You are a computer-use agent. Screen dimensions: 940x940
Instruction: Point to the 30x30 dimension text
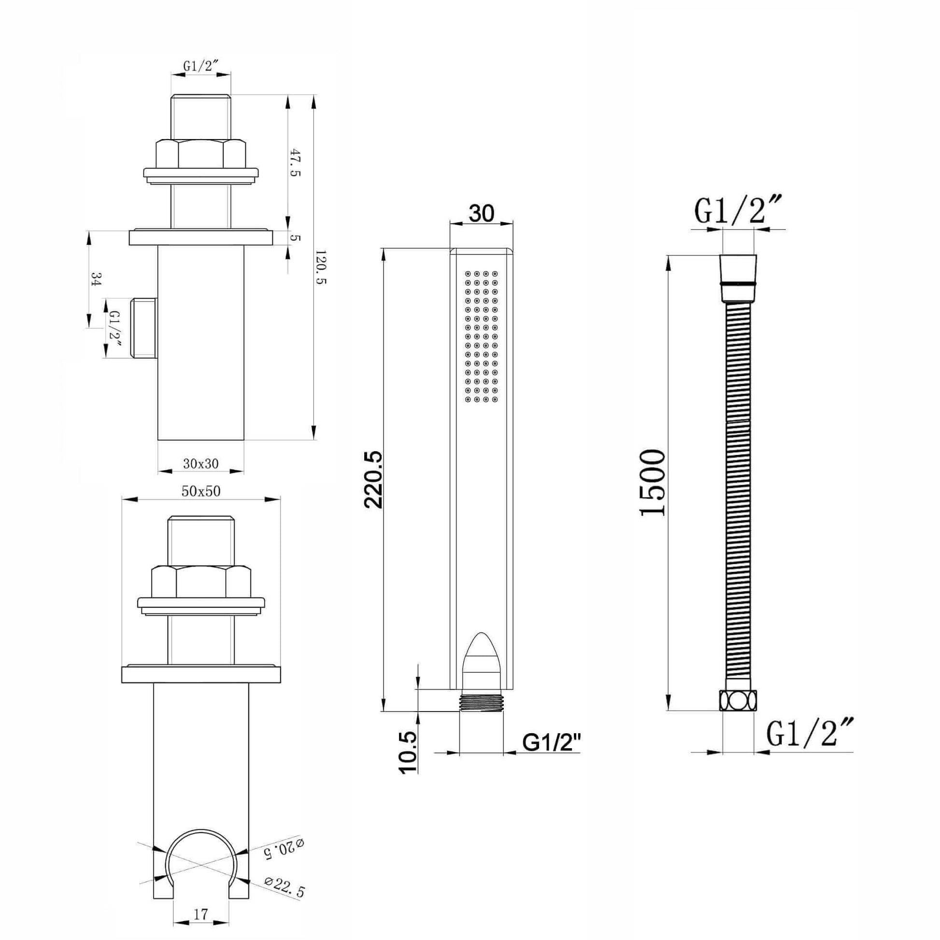200,464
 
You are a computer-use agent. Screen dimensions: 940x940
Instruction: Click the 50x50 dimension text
201,491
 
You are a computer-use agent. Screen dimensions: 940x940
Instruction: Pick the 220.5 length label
374,480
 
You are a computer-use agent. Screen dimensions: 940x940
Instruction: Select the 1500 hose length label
652,483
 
